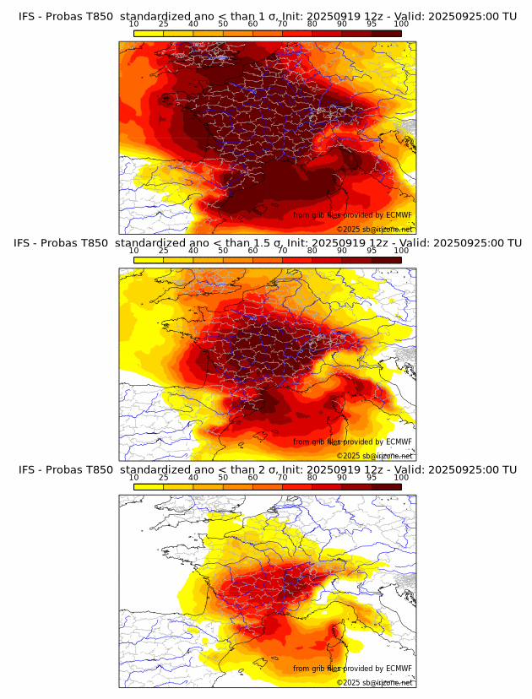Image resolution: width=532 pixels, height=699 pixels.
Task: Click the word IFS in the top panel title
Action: tap(28, 16)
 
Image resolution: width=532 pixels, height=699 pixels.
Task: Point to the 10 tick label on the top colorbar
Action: tap(134, 24)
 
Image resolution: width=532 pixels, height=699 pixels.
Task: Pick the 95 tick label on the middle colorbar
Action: tap(372, 251)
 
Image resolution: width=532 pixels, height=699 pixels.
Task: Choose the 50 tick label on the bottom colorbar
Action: tap(223, 477)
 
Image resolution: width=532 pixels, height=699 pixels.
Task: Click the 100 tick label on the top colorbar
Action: tap(401, 24)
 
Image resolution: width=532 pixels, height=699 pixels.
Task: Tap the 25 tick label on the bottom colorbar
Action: tap(164, 477)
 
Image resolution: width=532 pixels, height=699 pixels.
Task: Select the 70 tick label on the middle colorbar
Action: tap(282, 251)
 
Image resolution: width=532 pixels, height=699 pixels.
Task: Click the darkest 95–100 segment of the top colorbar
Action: tap(386, 33)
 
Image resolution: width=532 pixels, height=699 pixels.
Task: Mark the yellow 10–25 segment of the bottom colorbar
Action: tap(149, 486)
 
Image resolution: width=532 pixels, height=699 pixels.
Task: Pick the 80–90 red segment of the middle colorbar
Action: tap(327, 260)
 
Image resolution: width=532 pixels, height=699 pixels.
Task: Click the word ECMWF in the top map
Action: tap(399, 215)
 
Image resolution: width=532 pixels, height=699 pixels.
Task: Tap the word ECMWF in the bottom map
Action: tap(399, 669)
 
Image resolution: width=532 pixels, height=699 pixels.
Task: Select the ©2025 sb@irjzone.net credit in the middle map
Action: tap(375, 456)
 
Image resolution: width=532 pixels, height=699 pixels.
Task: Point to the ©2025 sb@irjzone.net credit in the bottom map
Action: tap(375, 682)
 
